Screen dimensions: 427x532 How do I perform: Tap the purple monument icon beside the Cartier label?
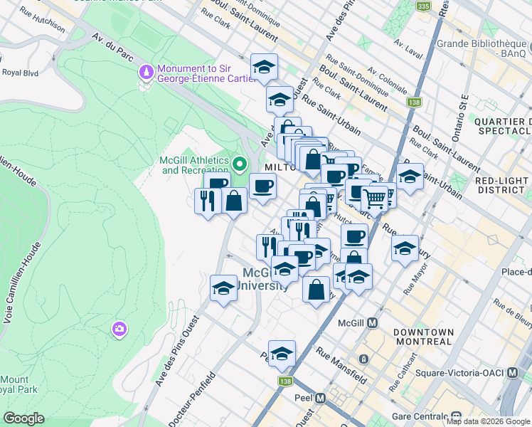(147, 73)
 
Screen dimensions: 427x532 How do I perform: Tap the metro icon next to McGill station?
(372, 322)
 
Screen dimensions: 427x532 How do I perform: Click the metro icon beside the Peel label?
(320, 398)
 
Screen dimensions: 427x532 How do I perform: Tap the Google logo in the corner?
(23, 418)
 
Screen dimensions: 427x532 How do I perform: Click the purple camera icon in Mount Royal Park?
(119, 328)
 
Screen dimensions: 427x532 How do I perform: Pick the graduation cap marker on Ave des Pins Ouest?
(223, 289)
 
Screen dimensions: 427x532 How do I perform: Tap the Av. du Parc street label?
(107, 51)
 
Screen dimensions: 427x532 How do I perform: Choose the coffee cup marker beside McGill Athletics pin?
(262, 187)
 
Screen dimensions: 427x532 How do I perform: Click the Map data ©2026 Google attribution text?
(488, 421)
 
